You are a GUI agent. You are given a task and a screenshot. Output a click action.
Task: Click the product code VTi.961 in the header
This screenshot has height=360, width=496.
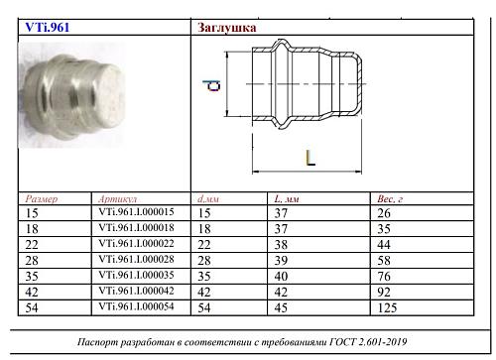tap(48, 27)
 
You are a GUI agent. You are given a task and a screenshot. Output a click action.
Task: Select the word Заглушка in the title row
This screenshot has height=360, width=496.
tap(227, 28)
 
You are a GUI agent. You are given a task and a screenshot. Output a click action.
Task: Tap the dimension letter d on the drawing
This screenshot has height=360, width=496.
tap(211, 85)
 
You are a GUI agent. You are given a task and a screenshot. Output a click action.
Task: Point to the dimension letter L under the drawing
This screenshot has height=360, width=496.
tap(310, 158)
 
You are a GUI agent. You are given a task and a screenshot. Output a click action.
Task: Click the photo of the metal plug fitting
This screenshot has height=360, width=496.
tap(72, 95)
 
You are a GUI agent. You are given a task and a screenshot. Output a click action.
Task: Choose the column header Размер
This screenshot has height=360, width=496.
tap(42, 199)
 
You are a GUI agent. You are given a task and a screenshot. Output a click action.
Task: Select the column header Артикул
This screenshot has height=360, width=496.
tap(118, 199)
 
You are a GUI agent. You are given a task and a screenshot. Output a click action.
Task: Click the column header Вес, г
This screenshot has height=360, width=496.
tap(390, 198)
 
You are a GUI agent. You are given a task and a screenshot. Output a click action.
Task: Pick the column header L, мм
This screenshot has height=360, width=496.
tap(287, 198)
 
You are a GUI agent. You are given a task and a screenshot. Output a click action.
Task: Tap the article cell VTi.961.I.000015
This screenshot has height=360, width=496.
tap(136, 212)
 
